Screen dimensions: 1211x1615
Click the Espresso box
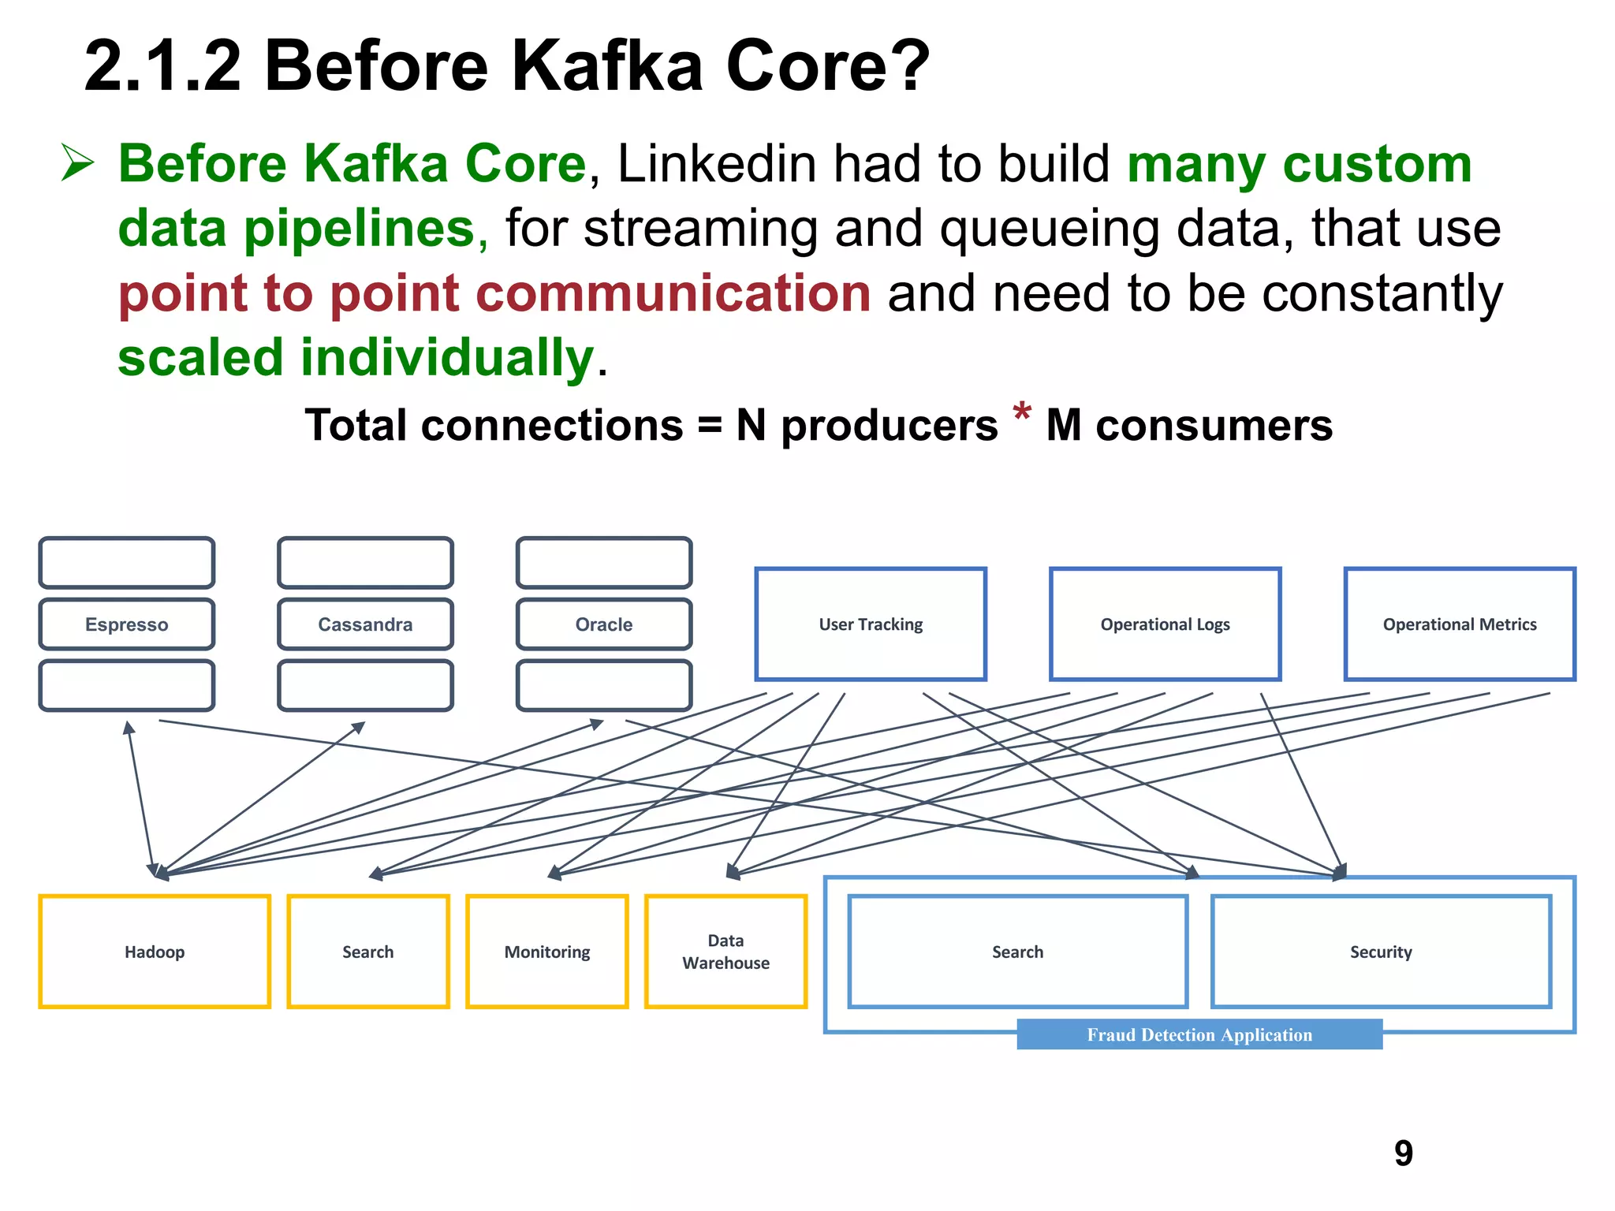pyautogui.click(x=126, y=624)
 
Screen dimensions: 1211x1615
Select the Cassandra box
pyautogui.click(x=365, y=624)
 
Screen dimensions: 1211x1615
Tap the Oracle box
pyautogui.click(x=604, y=624)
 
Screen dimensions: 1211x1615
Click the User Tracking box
pyautogui.click(x=871, y=624)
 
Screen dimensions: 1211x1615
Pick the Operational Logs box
pyautogui.click(x=1165, y=624)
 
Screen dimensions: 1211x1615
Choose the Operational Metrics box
pyautogui.click(x=1460, y=624)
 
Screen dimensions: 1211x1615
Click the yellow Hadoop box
pyautogui.click(x=155, y=952)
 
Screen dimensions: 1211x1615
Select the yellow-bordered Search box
pyautogui.click(x=368, y=952)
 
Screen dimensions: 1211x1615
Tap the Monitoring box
pyautogui.click(x=547, y=952)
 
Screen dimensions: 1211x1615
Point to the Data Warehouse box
pyautogui.click(x=725, y=952)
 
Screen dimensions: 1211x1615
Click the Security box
pyautogui.click(x=1381, y=952)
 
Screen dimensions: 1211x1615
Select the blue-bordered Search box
pyautogui.click(x=1017, y=952)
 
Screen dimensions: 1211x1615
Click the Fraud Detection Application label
pyautogui.click(x=1199, y=1034)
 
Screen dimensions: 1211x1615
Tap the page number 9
pyautogui.click(x=1404, y=1153)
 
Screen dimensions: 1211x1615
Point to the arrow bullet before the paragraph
pyautogui.click(x=77, y=163)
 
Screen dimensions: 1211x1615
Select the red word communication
pyautogui.click(x=673, y=293)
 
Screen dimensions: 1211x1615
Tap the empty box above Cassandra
pyautogui.click(x=365, y=563)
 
